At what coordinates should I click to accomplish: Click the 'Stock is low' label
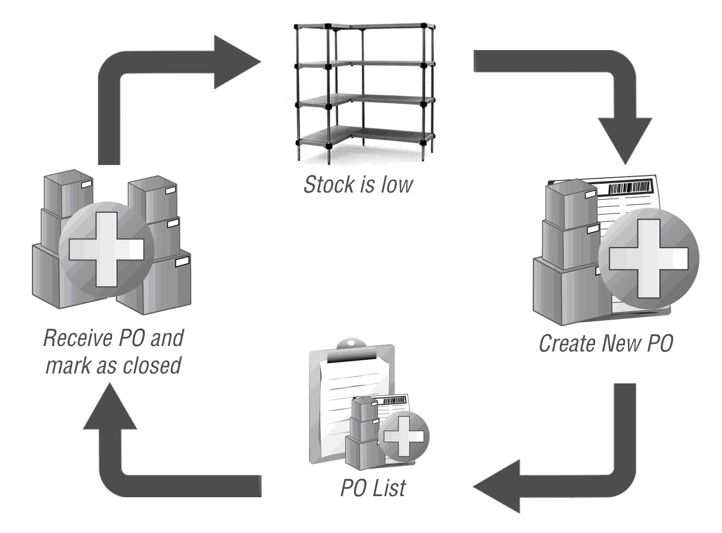pos(358,185)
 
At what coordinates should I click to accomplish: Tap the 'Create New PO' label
pos(606,343)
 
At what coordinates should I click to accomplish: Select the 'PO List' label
pos(373,488)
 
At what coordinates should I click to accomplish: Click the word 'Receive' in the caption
pos(77,338)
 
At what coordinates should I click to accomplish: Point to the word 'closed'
pos(153,365)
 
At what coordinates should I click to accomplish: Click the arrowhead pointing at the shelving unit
pos(235,62)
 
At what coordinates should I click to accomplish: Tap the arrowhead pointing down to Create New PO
pos(625,139)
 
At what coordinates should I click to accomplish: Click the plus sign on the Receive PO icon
pos(101,249)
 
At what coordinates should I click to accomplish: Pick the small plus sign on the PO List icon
pos(404,437)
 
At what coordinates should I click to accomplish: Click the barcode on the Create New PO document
pos(630,188)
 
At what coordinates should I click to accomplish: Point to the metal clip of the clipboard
pos(352,347)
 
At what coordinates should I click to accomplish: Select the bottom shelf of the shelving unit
pos(363,136)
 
